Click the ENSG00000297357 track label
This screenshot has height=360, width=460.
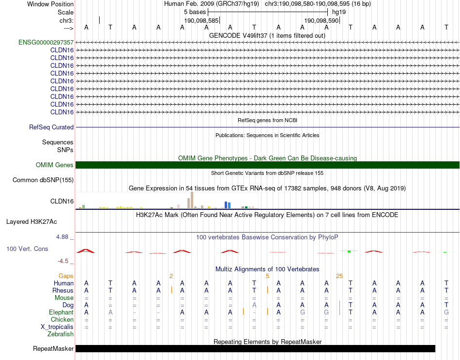pyautogui.click(x=46, y=42)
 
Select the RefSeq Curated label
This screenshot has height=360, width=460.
pyautogui.click(x=51, y=127)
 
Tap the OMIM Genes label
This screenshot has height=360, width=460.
pyautogui.click(x=55, y=165)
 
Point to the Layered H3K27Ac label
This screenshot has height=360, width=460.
pyautogui.click(x=31, y=222)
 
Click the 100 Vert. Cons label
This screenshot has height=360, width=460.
pyautogui.click(x=27, y=249)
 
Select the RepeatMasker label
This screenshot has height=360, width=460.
pyautogui.click(x=53, y=349)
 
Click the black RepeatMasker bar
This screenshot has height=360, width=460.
pyautogui.click(x=255, y=349)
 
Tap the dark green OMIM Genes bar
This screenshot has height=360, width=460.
pyautogui.click(x=267, y=165)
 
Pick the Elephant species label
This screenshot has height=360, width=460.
pyautogui.click(x=61, y=313)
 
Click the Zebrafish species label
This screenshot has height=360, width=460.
pyautogui.click(x=61, y=334)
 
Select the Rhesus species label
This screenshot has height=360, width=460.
pyautogui.click(x=63, y=290)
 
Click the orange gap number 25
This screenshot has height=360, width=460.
pyautogui.click(x=339, y=276)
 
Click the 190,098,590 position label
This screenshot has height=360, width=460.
pyautogui.click(x=321, y=20)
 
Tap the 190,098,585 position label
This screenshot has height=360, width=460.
pyautogui.click(x=201, y=20)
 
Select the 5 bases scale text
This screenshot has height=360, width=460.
pyautogui.click(x=195, y=12)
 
